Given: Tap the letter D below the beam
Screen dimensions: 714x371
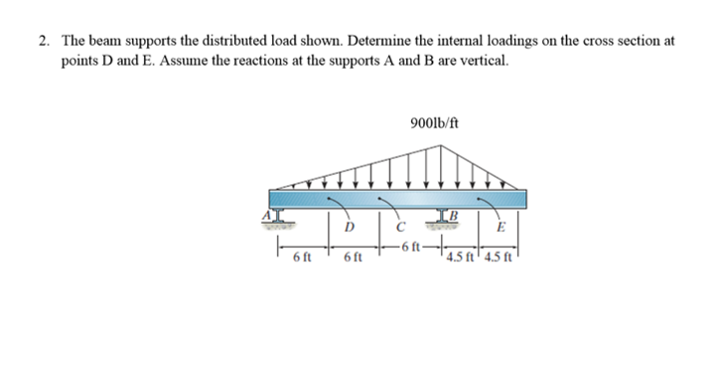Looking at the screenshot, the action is pyautogui.click(x=348, y=225).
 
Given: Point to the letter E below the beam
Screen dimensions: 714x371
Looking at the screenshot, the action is pyautogui.click(x=501, y=225).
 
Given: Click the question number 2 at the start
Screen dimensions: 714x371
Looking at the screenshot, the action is pyautogui.click(x=44, y=42).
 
